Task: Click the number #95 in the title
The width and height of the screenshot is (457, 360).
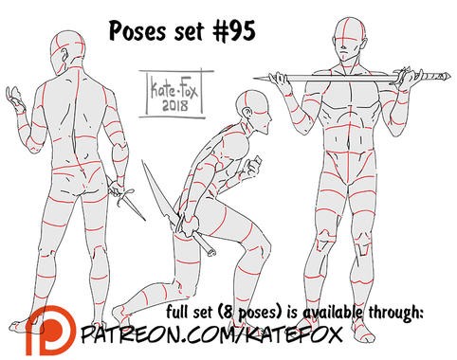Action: (233, 31)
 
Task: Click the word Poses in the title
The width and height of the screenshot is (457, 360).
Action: (137, 31)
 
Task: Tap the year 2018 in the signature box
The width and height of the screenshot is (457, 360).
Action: (174, 105)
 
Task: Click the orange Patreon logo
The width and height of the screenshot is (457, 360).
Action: (50, 332)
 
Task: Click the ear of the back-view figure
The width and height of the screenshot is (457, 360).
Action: (65, 56)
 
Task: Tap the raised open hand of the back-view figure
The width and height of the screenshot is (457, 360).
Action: (15, 99)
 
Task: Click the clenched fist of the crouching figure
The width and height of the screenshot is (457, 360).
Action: (254, 164)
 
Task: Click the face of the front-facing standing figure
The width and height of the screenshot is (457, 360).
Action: (346, 50)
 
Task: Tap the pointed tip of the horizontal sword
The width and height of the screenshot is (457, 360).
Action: (255, 78)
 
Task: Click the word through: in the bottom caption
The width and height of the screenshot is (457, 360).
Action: (395, 313)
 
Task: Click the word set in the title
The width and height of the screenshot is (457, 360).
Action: (191, 32)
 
